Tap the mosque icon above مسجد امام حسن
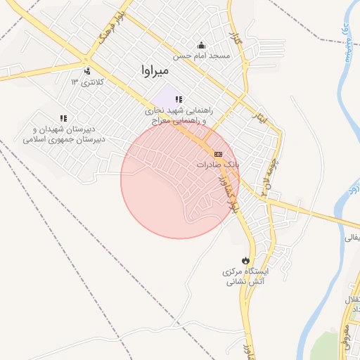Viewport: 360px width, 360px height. (202, 44)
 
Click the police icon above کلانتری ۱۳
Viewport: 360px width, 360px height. (87, 70)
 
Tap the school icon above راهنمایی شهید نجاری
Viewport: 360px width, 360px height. (179, 99)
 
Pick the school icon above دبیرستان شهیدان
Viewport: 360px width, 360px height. (63, 118)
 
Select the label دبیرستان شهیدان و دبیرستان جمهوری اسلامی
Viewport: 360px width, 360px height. (64, 134)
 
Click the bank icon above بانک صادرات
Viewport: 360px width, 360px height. (218, 153)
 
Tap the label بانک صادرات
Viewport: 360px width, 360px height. (218, 164)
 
